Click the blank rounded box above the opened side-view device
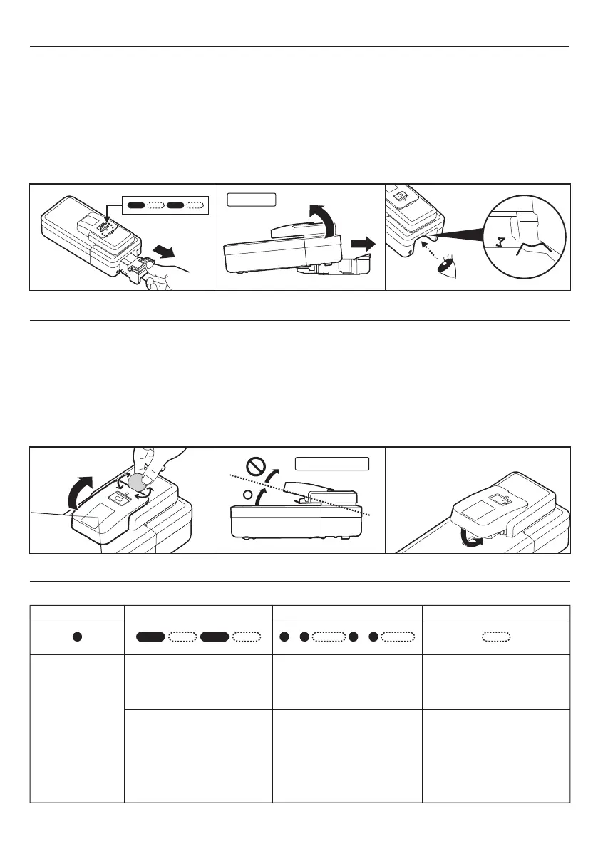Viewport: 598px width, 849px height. pos(252,197)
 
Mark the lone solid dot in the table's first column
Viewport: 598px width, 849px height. pos(76,637)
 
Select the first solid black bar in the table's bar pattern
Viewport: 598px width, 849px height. pos(150,637)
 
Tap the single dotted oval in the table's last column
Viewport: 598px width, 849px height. pos(495,637)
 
